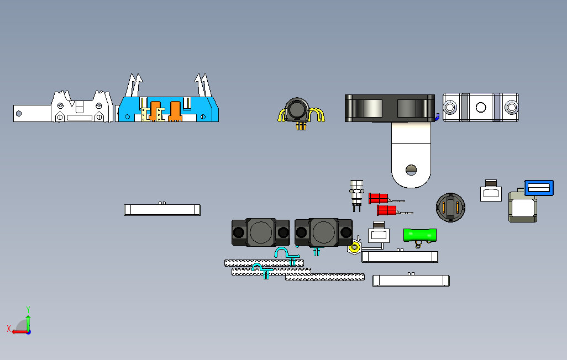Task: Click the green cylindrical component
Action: (x=420, y=235)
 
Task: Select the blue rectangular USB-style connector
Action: (x=539, y=188)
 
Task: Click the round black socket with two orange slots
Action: (x=452, y=207)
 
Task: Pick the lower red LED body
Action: (x=386, y=210)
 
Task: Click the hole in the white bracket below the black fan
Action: (x=411, y=170)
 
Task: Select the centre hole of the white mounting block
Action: (x=480, y=107)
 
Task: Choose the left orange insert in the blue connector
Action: (x=154, y=110)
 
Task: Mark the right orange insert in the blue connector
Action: (x=176, y=110)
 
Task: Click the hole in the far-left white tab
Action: (x=19, y=114)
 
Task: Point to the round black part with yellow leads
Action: (x=297, y=109)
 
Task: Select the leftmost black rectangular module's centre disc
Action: (x=260, y=232)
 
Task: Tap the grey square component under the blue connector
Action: (x=522, y=208)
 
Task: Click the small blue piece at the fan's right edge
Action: (x=437, y=116)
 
